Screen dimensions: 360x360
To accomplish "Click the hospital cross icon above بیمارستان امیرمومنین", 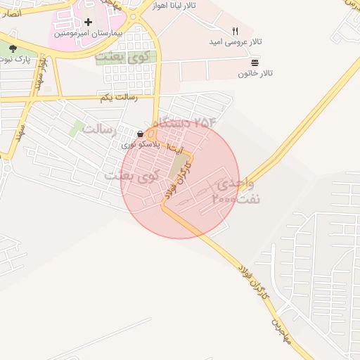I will (88, 22).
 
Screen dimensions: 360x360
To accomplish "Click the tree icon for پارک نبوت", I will (13, 48).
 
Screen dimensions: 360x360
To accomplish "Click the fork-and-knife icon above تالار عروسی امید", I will (235, 32).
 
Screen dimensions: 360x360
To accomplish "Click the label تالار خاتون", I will (255, 73).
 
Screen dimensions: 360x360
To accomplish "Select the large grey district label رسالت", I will (103, 129).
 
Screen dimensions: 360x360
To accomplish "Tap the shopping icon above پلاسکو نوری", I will (141, 134).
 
